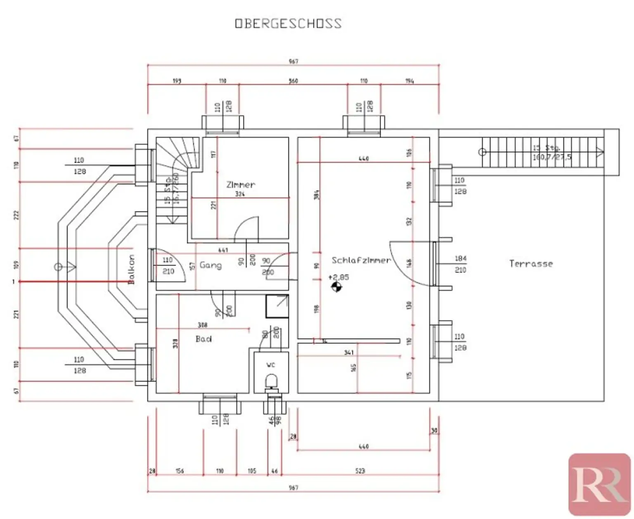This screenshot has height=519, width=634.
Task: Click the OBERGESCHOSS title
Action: tap(288, 23)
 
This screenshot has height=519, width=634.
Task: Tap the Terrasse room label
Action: tap(531, 263)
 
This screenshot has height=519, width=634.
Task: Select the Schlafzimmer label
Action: tap(361, 260)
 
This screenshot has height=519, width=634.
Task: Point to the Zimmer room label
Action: tap(241, 185)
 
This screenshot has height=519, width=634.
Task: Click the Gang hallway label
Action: tap(211, 265)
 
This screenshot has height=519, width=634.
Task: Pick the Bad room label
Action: tap(203, 339)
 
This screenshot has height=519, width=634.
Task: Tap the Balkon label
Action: tap(131, 269)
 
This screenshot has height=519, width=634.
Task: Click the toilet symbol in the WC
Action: tap(272, 381)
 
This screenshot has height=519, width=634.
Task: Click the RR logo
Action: tap(599, 484)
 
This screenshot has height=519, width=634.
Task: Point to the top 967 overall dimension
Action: tap(293, 62)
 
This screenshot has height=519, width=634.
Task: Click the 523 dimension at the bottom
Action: tap(360, 471)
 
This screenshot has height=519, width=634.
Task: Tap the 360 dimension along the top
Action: tap(293, 81)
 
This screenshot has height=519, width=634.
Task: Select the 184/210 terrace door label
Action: tap(460, 264)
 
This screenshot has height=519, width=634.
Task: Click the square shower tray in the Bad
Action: tap(277, 306)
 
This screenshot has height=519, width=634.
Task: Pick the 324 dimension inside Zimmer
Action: tap(240, 194)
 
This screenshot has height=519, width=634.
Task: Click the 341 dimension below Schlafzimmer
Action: tap(349, 353)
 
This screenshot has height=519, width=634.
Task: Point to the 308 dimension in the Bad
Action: tap(202, 325)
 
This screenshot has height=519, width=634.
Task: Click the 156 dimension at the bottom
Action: tap(180, 471)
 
